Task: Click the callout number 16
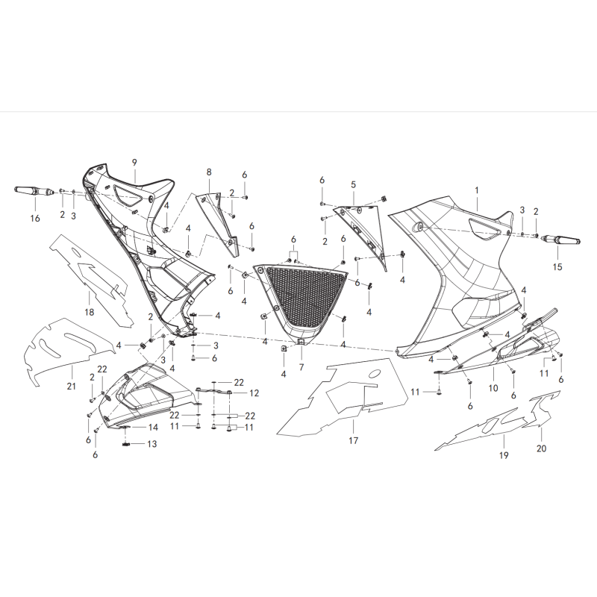[x=35, y=219]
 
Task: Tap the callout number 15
[x=557, y=267]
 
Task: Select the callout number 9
[x=134, y=163]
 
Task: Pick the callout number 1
[x=476, y=190]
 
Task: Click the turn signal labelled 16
[x=34, y=190]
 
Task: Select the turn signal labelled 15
[x=561, y=240]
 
